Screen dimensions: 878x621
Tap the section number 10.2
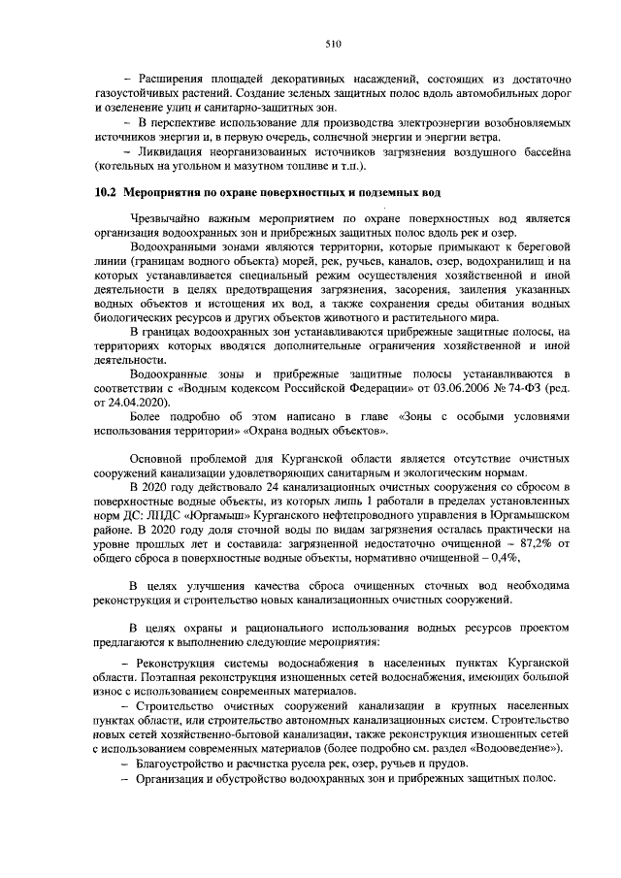tap(105, 192)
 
